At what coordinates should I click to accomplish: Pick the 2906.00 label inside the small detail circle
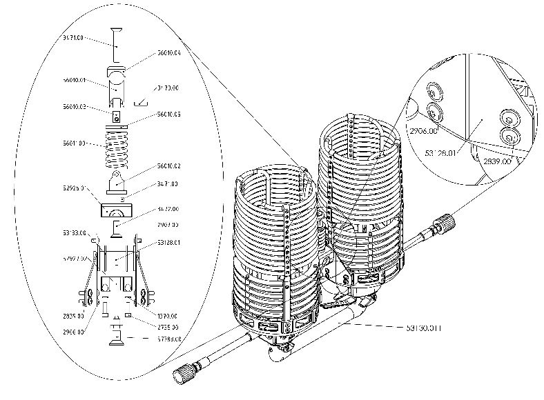tap(424, 130)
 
